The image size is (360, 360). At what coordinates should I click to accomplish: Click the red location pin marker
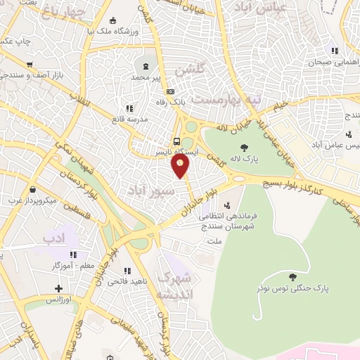click(181, 165)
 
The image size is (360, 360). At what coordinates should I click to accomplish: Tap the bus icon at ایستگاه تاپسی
click(176, 139)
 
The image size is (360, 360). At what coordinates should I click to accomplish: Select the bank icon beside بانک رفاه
click(169, 92)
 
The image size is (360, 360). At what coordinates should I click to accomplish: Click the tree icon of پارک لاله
click(244, 148)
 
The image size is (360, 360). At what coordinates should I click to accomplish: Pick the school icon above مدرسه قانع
click(129, 108)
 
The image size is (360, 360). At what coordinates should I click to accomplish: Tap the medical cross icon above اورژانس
click(58, 288)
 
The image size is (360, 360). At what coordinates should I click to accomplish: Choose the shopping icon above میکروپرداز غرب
click(33, 189)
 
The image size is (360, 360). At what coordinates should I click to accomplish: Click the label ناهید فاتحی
click(127, 281)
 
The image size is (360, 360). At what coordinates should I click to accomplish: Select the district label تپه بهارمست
click(226, 101)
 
